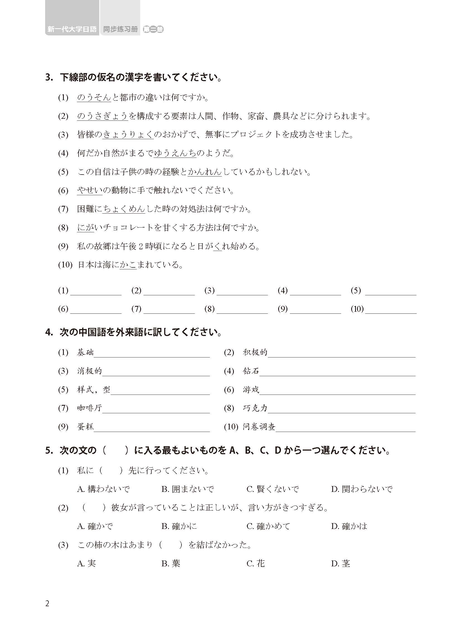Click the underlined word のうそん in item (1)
[94, 98]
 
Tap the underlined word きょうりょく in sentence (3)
[128, 135]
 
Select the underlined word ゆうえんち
[175, 153]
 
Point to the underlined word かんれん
[205, 172]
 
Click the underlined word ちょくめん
[124, 209]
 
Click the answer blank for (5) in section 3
[390, 291]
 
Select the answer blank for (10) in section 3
[390, 310]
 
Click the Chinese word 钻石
[251, 371]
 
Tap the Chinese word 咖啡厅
[89, 408]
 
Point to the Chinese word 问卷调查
[259, 427]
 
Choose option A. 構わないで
[103, 489]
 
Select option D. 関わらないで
[362, 489]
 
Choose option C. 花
[256, 564]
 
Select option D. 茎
[341, 564]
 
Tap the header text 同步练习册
[120, 29]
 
